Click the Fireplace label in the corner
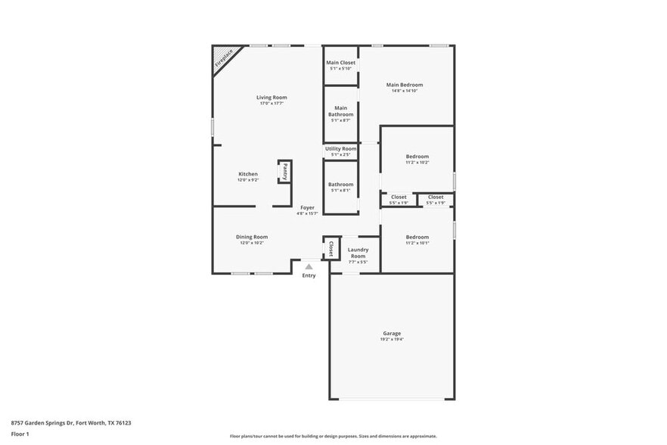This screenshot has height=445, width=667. point(225,59)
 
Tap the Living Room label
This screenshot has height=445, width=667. point(271,97)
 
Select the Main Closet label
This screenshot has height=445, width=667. point(340,62)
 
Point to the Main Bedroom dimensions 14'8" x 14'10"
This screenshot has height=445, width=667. point(405,91)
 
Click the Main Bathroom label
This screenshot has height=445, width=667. point(340,111)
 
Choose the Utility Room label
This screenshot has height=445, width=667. point(340,148)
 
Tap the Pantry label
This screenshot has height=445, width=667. point(284,172)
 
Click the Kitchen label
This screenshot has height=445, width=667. point(248,174)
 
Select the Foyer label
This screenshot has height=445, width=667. point(307,207)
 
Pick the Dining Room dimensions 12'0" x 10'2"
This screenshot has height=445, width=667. point(251,244)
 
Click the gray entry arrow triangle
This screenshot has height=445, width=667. point(309,266)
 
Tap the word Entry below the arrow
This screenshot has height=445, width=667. point(309,275)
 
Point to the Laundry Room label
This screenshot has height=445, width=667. point(358,253)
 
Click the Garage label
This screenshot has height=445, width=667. point(392,333)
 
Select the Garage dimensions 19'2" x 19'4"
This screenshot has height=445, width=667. point(392,340)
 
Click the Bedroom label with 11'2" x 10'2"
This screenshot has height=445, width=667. point(417,157)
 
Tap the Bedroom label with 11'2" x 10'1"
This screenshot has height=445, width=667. point(417,237)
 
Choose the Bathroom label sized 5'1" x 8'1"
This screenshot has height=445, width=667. point(340,184)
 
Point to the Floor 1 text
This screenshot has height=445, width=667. point(20,434)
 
